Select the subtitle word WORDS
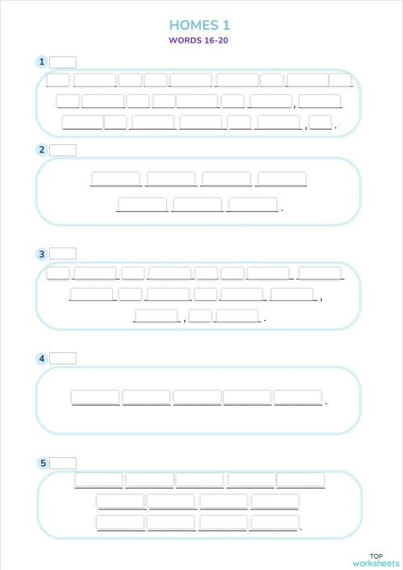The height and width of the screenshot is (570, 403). [x=184, y=40]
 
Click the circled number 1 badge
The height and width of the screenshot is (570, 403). [x=41, y=62]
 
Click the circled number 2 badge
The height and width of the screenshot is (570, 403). [x=41, y=150]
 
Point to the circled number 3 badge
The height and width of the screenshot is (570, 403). [x=41, y=254]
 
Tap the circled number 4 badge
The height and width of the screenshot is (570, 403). [x=41, y=358]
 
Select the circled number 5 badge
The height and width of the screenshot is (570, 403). [x=41, y=463]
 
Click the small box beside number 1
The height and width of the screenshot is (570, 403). [x=63, y=62]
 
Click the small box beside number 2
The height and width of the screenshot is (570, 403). [x=63, y=150]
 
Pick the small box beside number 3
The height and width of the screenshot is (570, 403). [x=63, y=254]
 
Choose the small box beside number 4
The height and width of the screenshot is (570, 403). [x=63, y=358]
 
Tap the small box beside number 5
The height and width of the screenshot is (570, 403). [x=63, y=463]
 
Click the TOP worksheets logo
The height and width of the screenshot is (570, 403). [x=376, y=560]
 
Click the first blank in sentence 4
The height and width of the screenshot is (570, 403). [x=95, y=397]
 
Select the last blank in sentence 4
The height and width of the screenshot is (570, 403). [x=297, y=397]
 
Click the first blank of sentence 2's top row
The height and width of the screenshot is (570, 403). [x=115, y=179]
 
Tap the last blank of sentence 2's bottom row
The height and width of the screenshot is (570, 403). [x=252, y=205]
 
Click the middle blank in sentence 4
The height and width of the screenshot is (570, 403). [x=197, y=397]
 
